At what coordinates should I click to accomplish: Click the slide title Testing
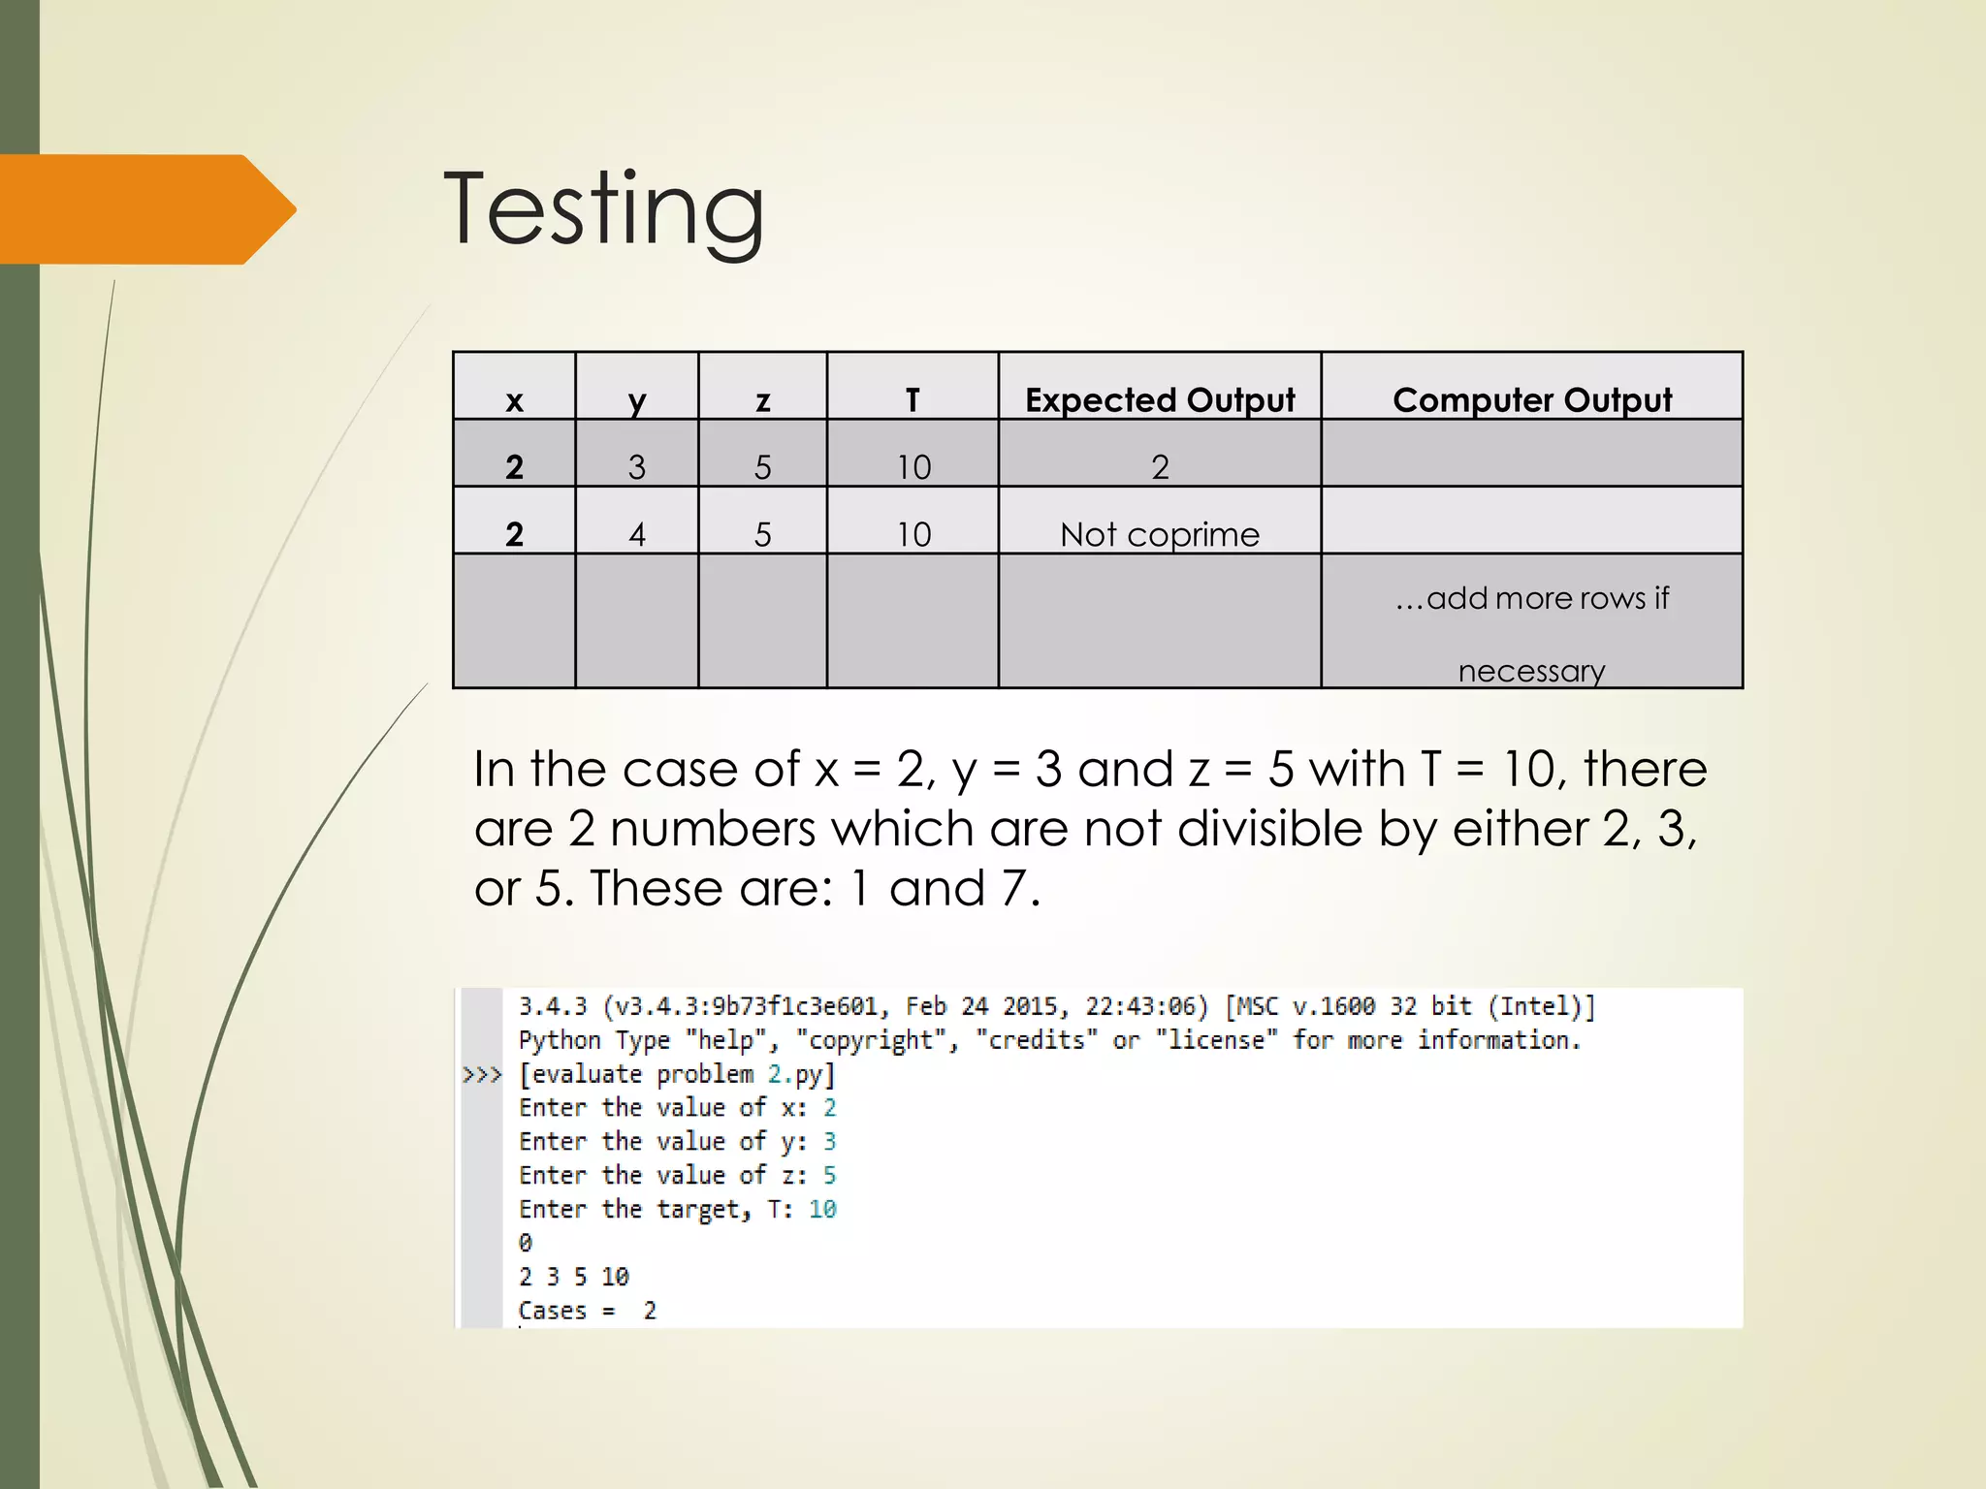(x=603, y=209)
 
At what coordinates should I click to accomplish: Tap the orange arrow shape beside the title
(x=145, y=209)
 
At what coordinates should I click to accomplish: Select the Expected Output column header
(x=1160, y=399)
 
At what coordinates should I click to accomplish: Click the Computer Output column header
(x=1532, y=399)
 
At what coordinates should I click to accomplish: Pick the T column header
(x=913, y=399)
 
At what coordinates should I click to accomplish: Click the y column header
(x=637, y=399)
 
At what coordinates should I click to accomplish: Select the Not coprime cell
(x=1160, y=534)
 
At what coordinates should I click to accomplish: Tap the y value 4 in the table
(x=637, y=534)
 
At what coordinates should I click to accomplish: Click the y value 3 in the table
(x=637, y=467)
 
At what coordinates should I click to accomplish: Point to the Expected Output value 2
(x=1160, y=467)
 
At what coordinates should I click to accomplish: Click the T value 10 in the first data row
(x=913, y=467)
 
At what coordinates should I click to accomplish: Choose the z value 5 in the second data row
(x=763, y=534)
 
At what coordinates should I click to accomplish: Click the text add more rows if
(x=1532, y=598)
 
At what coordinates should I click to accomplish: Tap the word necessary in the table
(x=1532, y=671)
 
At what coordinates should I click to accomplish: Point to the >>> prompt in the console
(x=482, y=1074)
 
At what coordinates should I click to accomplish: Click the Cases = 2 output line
(x=588, y=1311)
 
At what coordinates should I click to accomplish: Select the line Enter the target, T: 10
(x=677, y=1209)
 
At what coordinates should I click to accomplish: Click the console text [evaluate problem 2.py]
(x=677, y=1074)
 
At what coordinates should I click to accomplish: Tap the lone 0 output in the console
(x=526, y=1243)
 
